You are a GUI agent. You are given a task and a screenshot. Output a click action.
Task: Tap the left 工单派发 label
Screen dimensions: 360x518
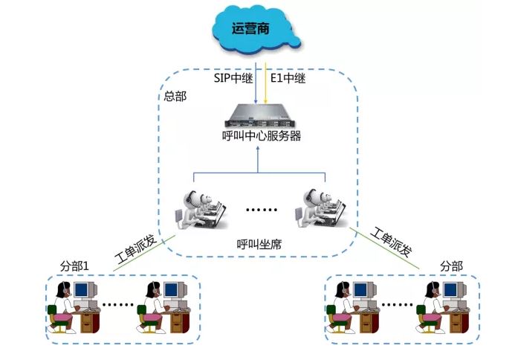pyautogui.click(x=136, y=248)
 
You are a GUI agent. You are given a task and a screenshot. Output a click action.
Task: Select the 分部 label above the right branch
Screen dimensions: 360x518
pyautogui.click(x=451, y=266)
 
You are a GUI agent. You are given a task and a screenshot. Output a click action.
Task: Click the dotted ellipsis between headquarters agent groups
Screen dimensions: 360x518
pyautogui.click(x=260, y=210)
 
